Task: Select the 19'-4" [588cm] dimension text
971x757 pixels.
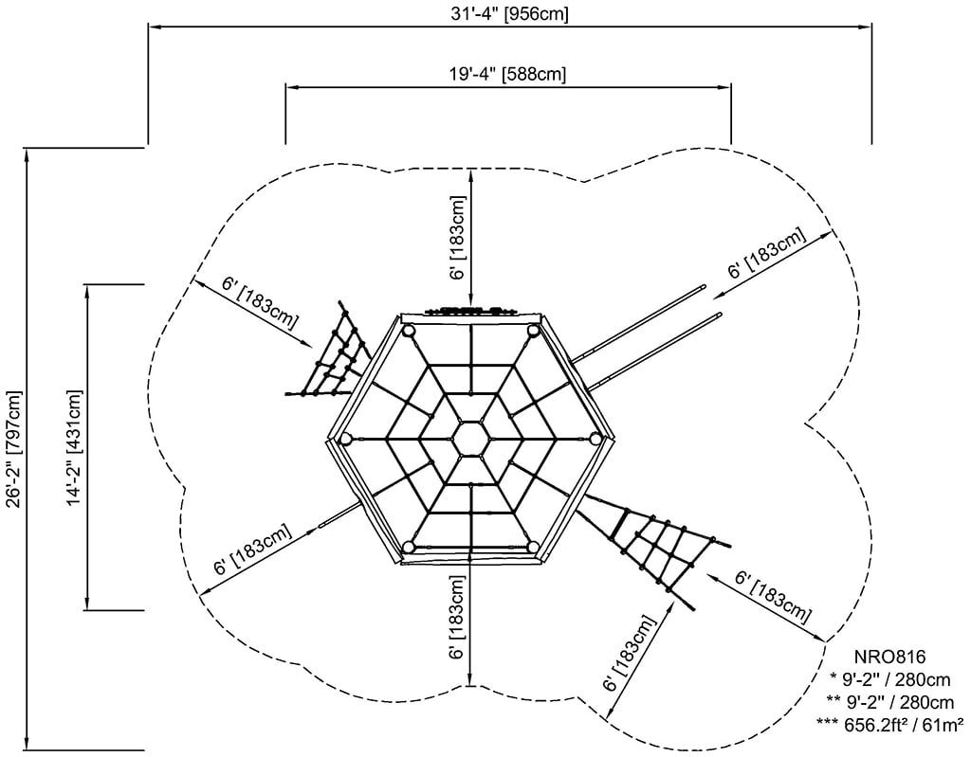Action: click(508, 74)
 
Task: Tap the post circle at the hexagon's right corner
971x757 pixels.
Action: click(596, 437)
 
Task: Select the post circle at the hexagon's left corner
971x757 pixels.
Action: click(345, 439)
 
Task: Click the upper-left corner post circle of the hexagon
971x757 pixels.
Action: click(409, 331)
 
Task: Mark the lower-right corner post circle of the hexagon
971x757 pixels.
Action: click(533, 547)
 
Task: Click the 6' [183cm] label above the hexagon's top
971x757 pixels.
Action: click(458, 238)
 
